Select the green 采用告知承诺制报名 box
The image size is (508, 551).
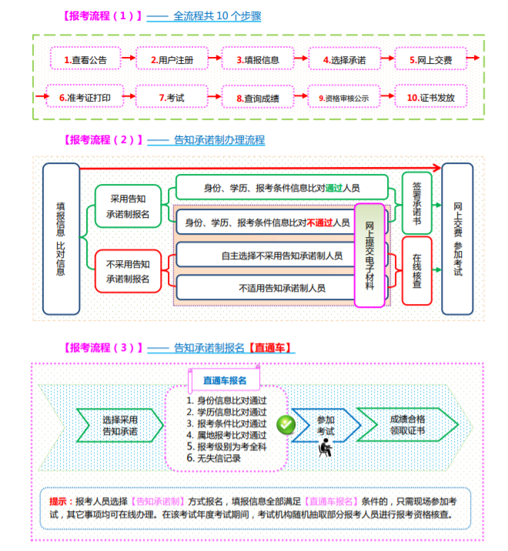[x=129, y=206]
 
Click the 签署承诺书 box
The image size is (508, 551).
[x=417, y=202]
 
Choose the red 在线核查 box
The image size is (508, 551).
[x=417, y=271]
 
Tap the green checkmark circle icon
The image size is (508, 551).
[x=286, y=424]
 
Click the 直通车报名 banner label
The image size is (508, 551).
[x=225, y=380]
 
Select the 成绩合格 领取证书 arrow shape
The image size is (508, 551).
[x=408, y=425]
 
